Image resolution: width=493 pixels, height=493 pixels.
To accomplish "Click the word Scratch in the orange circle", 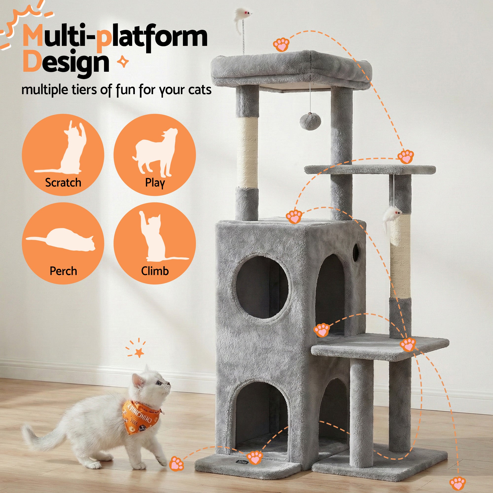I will click(63, 183).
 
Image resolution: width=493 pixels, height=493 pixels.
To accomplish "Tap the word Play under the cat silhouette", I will click(155, 183).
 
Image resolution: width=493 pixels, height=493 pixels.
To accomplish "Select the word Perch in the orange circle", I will click(63, 271).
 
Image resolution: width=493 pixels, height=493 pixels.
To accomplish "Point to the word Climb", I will click(155, 271).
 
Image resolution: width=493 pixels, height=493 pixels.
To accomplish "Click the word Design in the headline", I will click(66, 63).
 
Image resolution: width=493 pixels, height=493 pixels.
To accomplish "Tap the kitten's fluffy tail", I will click(41, 439).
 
